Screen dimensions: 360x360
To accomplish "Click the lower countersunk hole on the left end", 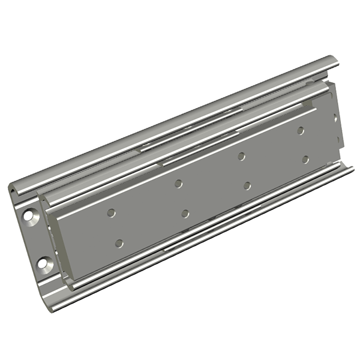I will pos(44,262).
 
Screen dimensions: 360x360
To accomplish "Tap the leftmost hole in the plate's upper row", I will pos(111,212).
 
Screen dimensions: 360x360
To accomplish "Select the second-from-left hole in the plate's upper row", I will pos(178,183).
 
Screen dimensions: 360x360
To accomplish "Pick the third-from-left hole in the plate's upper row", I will pos(241,156).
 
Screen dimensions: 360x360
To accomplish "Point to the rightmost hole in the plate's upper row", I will pos(300,130).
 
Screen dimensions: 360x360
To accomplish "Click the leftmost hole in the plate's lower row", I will pos(119,243).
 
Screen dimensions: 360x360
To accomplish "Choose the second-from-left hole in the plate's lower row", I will pos(185,214).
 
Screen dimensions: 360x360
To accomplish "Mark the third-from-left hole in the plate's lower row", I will pos(247,185).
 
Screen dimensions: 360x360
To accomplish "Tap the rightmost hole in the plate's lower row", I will pos(305,160).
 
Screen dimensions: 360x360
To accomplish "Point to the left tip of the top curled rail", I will pos(13,191).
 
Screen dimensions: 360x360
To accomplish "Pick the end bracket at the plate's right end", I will pos(338,120).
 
